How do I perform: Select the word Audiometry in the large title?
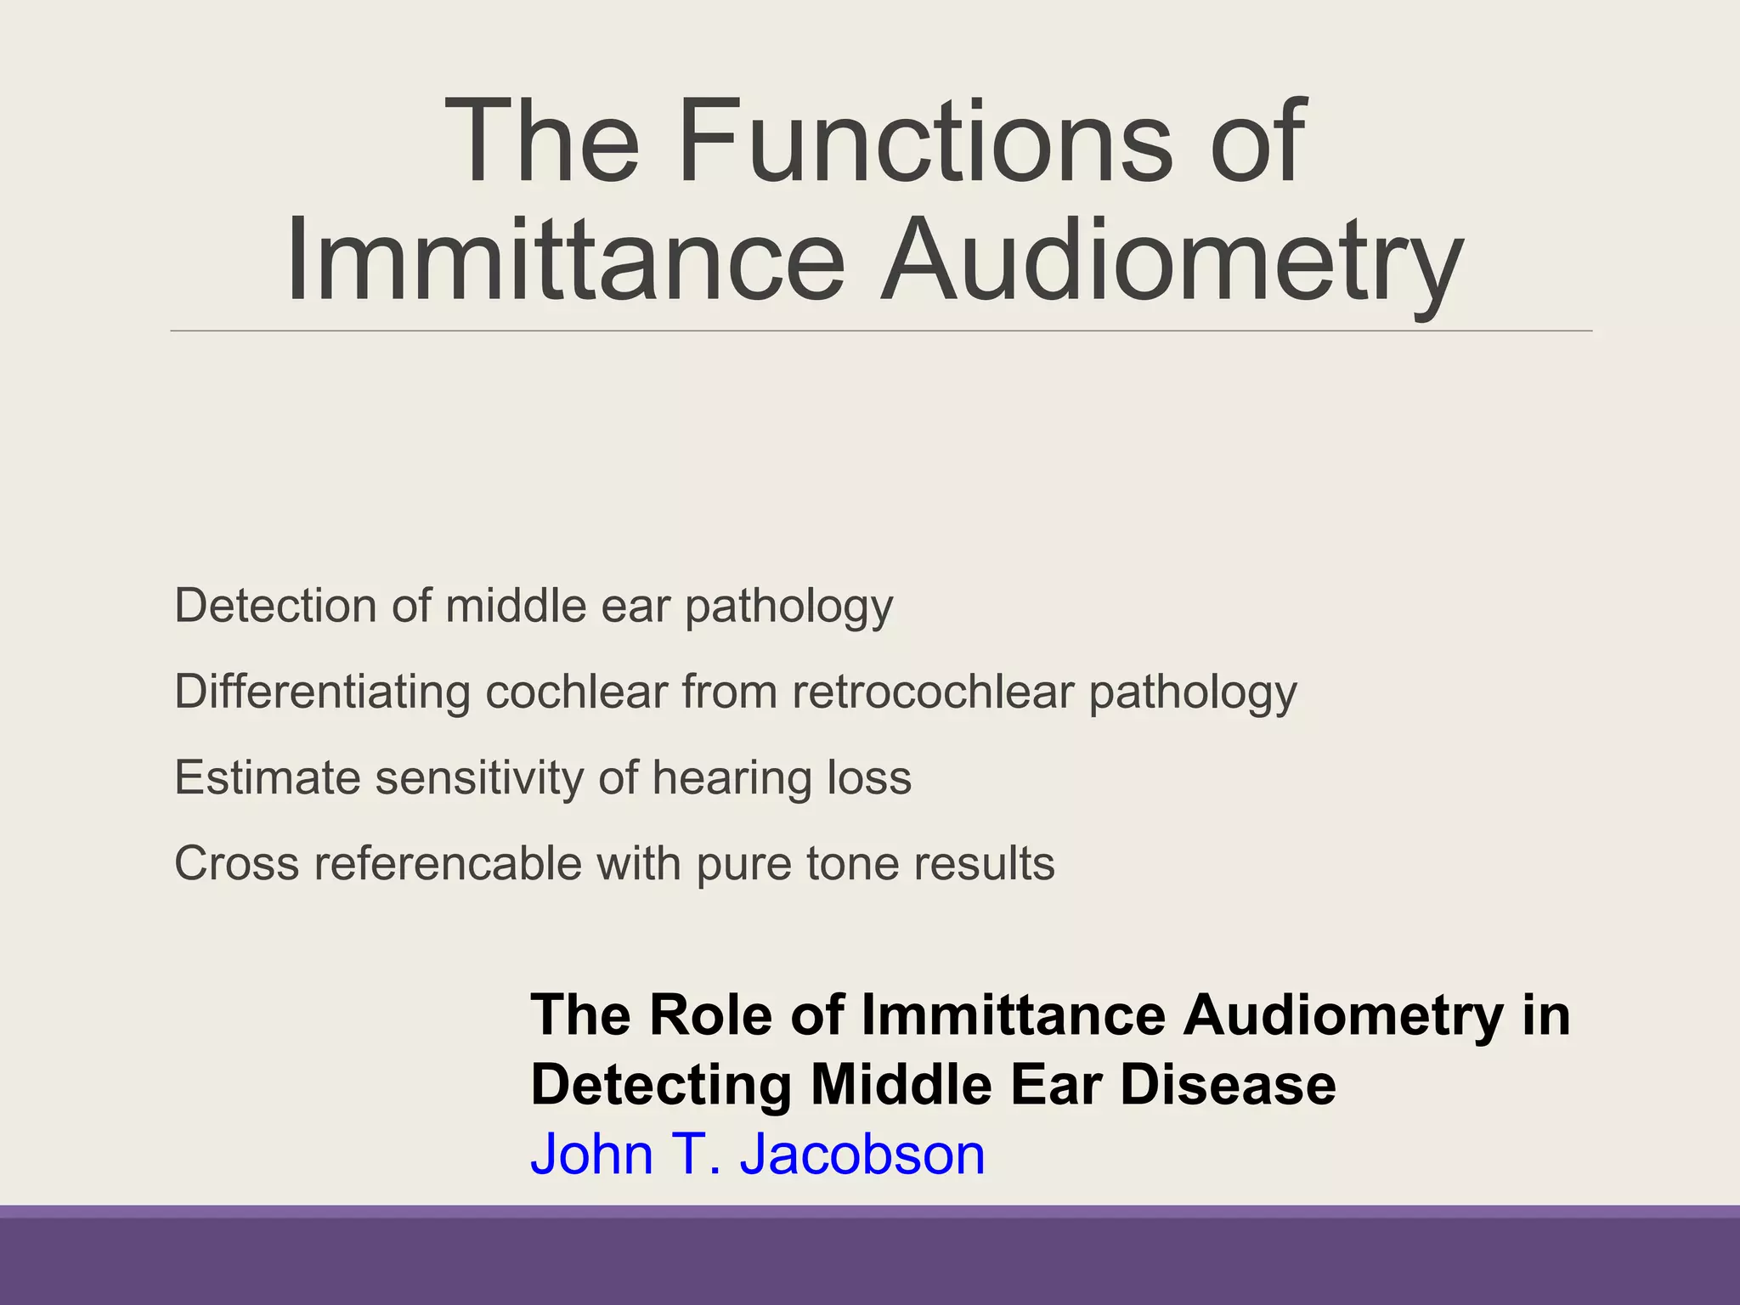[1171, 260]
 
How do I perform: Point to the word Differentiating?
[322, 692]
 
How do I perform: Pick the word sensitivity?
[479, 777]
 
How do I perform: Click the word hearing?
[720, 779]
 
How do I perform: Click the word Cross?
[237, 863]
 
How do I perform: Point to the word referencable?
[448, 863]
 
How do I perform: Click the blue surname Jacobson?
[862, 1155]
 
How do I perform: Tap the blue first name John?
[592, 1155]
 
